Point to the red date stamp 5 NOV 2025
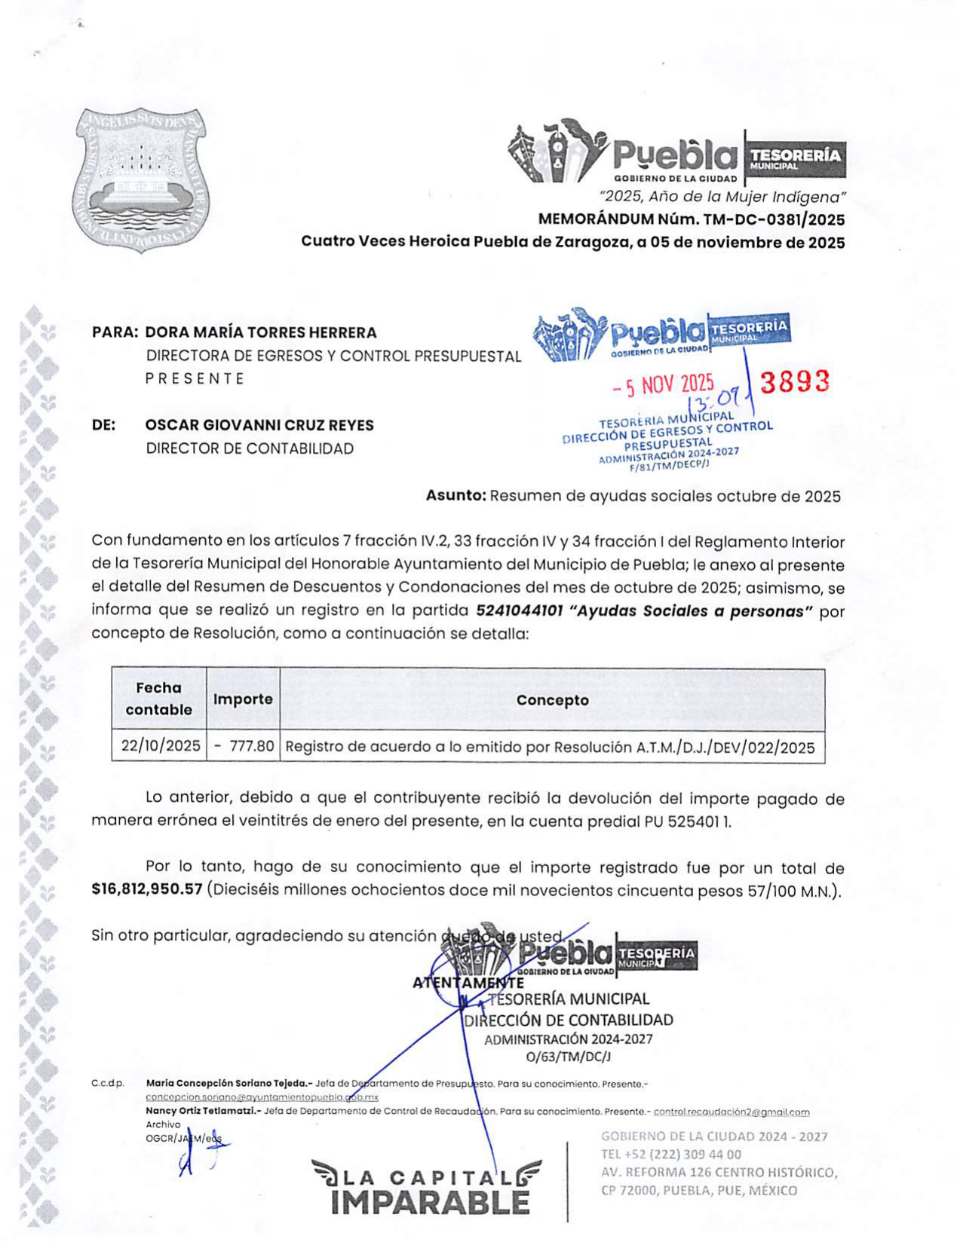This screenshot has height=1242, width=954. coord(663,385)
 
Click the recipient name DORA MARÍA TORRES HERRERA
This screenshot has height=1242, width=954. coord(260,332)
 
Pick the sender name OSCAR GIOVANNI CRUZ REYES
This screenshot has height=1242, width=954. coord(259,425)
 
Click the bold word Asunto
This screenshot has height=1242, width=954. coord(456,496)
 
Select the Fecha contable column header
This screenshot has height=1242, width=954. coord(158,699)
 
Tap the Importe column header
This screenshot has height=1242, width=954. coord(243,699)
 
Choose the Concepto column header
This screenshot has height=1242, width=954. coord(552,700)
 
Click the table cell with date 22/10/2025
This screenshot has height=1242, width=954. coord(161,746)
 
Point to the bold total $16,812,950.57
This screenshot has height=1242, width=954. coord(147,889)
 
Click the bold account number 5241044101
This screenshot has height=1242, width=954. coord(520,611)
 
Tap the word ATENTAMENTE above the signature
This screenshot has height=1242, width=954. coord(468,983)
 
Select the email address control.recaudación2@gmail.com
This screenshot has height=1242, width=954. coord(731,1112)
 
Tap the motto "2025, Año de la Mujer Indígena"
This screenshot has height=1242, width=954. coord(722,197)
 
